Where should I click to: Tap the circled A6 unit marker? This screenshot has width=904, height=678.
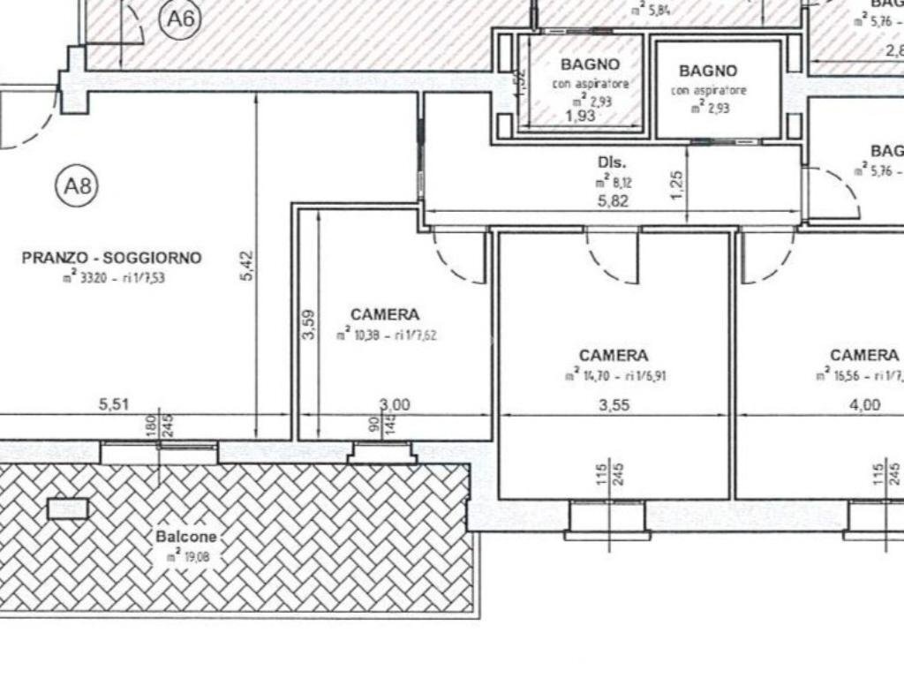tap(179, 18)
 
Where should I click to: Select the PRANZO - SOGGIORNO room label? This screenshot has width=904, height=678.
tap(111, 259)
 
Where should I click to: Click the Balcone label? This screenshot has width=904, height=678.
tap(186, 537)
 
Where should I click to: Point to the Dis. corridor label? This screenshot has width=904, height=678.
tap(612, 162)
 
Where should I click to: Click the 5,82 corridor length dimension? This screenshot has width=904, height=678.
tap(612, 201)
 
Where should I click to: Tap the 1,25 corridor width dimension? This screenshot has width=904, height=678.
tap(676, 185)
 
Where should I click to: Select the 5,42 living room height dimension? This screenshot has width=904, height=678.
tap(247, 265)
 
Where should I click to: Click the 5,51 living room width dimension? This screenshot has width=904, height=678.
tap(115, 405)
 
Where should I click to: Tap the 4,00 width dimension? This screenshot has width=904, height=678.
tap(865, 405)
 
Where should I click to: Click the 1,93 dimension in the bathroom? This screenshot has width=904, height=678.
tap(579, 115)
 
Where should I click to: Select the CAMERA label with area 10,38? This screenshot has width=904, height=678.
tap(385, 314)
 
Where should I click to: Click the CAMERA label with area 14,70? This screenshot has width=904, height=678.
tap(614, 356)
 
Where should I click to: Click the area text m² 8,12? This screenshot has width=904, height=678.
tap(612, 184)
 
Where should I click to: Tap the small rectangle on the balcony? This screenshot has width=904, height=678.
tap(68, 508)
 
